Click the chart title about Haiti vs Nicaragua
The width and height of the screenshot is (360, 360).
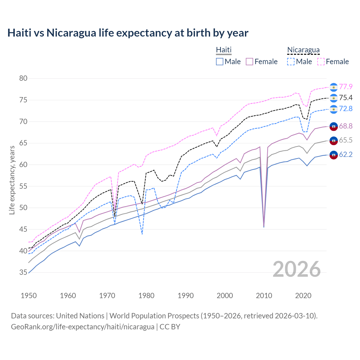click(x=128, y=33)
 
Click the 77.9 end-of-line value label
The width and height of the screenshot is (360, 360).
click(x=346, y=87)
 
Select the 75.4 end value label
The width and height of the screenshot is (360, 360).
click(x=346, y=98)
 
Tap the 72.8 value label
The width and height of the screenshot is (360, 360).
click(x=346, y=109)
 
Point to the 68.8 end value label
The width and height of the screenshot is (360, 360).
click(x=346, y=126)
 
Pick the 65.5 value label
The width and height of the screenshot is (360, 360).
click(x=346, y=140)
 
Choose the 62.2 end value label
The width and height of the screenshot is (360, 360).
click(x=346, y=154)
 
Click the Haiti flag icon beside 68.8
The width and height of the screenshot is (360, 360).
click(x=334, y=127)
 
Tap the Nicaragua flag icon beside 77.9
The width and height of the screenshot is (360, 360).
click(x=334, y=87)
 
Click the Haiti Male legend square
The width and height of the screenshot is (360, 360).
click(x=220, y=62)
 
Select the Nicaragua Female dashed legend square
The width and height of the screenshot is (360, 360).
click(x=321, y=62)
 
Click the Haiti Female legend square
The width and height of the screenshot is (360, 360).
click(x=250, y=62)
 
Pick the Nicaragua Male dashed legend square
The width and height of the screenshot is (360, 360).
click(x=291, y=62)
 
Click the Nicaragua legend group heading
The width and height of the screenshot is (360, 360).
click(x=303, y=50)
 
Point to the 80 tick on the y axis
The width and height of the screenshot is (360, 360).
click(x=23, y=78)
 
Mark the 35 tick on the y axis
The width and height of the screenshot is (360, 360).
click(x=23, y=273)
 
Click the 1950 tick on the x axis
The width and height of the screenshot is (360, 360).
click(x=29, y=296)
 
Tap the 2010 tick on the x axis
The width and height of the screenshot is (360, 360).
click(x=264, y=296)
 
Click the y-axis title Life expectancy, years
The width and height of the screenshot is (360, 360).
click(x=12, y=180)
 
